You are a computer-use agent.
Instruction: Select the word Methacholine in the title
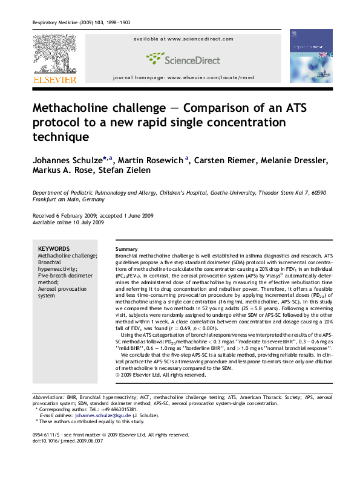point(101,108)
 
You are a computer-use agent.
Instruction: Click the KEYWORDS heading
point(53,249)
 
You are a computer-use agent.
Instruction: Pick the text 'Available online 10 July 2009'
point(68,222)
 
